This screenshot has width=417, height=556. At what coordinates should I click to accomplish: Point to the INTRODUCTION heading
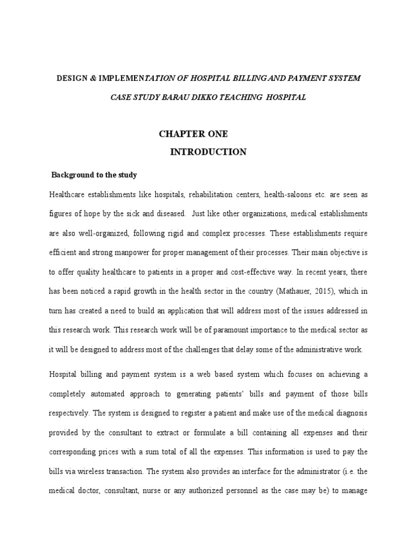(x=208, y=152)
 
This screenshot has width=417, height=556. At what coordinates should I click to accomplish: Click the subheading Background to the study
(x=94, y=175)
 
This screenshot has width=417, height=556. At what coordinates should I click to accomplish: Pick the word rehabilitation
(x=219, y=194)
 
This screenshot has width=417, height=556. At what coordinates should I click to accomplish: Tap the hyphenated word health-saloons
(x=286, y=194)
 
